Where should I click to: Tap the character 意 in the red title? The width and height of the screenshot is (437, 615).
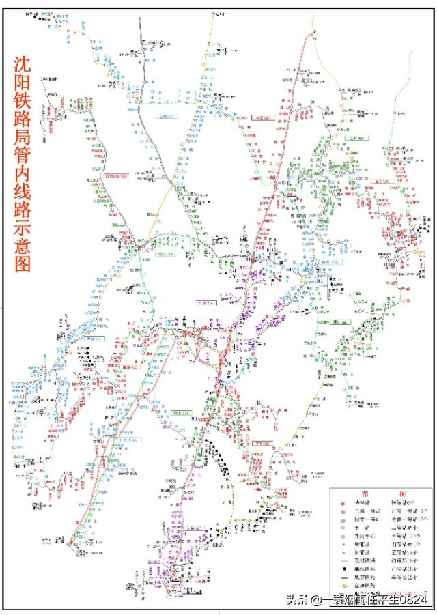pos(23,261)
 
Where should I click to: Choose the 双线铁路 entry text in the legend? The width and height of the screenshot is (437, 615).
pos(364,552)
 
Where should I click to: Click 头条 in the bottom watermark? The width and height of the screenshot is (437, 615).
pos(295,600)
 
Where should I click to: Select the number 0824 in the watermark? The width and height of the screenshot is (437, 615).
pos(414,600)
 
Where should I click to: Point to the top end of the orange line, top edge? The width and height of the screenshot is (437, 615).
pos(213,10)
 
